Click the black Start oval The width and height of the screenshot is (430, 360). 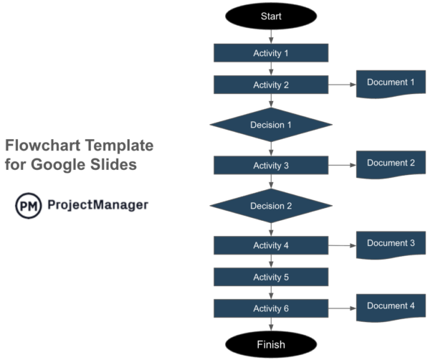271,16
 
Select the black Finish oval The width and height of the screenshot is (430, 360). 271,344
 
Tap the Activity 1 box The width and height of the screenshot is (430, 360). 271,53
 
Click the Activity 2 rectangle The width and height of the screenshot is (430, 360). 271,85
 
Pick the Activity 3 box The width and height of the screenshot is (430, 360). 271,166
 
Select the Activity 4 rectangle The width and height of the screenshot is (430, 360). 271,245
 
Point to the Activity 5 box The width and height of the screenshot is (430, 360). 271,277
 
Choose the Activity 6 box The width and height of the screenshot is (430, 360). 271,308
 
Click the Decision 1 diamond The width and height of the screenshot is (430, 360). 271,125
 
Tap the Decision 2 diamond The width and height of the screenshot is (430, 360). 271,206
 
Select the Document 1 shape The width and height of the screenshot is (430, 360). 391,83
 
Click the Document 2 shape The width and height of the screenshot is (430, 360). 391,164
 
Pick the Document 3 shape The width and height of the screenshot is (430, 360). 391,244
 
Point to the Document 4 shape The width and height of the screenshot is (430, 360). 391,307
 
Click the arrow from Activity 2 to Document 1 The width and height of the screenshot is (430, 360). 342,85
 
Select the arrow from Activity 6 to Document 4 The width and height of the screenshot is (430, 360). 342,308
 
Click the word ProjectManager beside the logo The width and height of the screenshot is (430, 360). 97,205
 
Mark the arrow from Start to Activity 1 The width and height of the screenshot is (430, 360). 271,37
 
